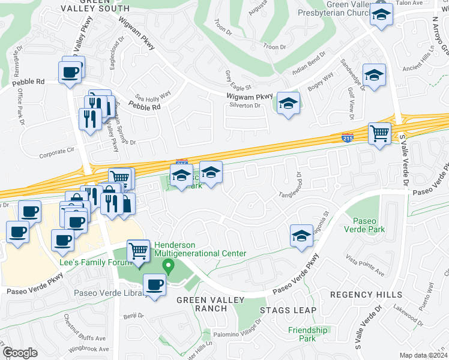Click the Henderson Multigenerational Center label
(200, 249)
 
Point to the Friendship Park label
(307, 334)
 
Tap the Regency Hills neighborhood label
(366, 295)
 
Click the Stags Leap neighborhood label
(284, 310)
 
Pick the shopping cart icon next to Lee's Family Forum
(139, 250)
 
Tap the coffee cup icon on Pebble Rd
(71, 72)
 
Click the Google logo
(20, 353)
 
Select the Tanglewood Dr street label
(295, 194)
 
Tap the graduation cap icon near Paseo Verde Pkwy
(301, 235)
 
